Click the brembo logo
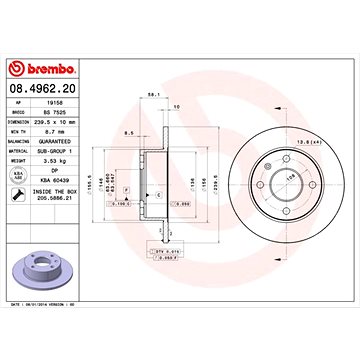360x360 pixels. tap(42, 68)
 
